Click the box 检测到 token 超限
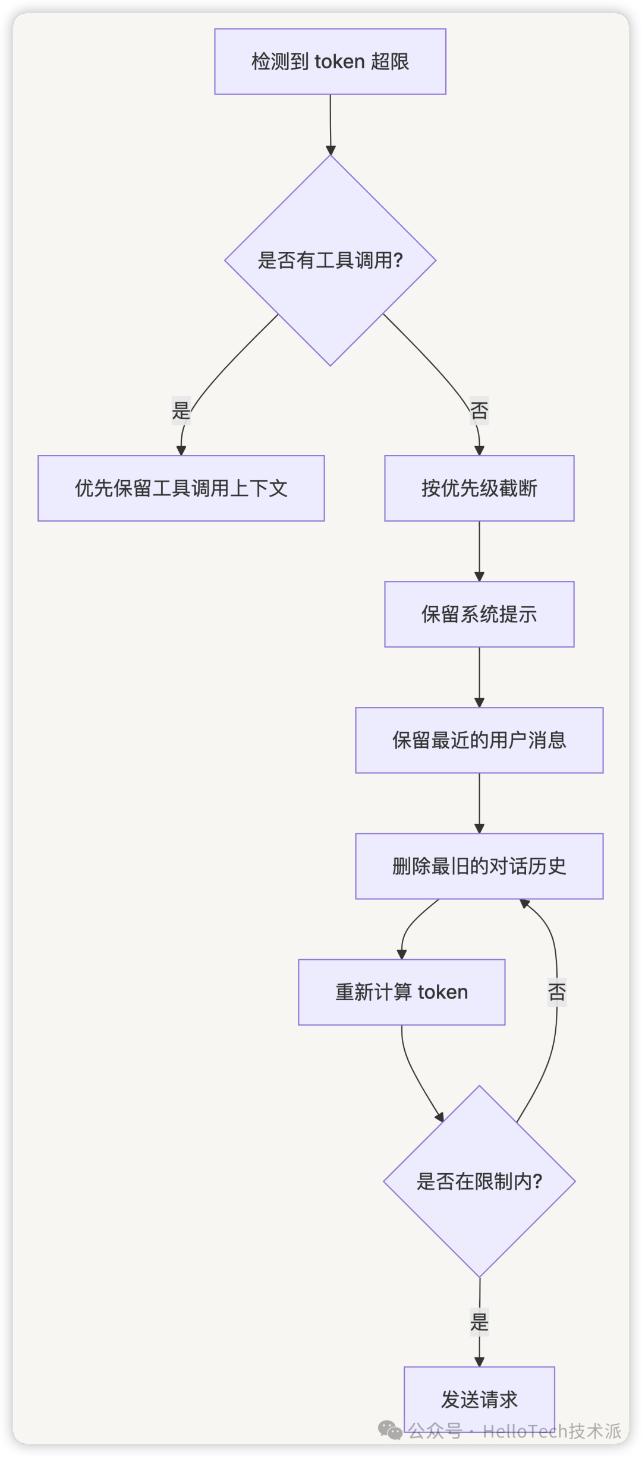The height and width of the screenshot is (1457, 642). pos(330,62)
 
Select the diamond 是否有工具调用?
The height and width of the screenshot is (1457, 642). pos(330,260)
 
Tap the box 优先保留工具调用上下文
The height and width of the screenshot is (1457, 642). pos(181,488)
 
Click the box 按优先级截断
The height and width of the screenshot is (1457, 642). pos(479,488)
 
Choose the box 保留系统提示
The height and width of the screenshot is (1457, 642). pos(479,614)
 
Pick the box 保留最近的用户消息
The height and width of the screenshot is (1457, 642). pos(479,740)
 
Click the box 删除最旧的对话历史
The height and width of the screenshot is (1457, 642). pos(479,866)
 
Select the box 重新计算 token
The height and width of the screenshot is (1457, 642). pos(401,992)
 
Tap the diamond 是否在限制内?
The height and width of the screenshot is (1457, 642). pos(479,1181)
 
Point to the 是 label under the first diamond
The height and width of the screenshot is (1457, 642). pos(181,410)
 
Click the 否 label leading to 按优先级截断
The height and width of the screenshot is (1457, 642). pos(479,410)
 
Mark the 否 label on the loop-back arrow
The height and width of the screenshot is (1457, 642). pos(557,991)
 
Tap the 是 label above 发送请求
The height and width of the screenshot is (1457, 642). pos(479,1322)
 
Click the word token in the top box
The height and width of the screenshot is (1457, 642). pos(339,62)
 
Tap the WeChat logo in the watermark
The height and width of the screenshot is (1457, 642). pos(390,1430)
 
